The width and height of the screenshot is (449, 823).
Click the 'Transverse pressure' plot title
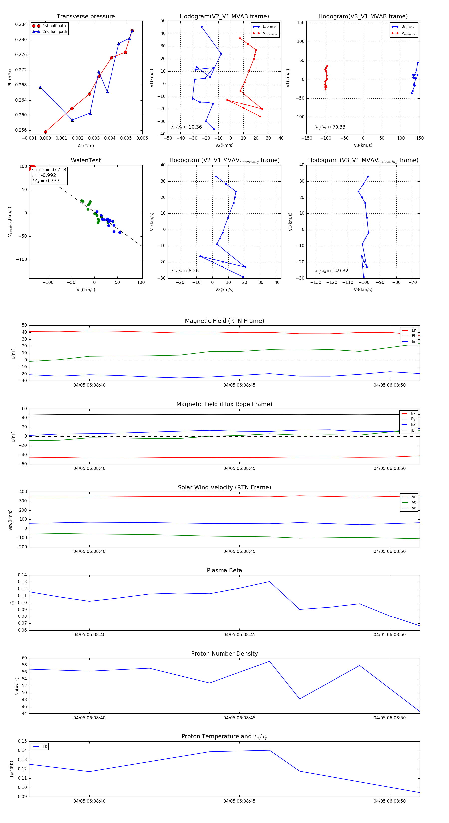[x=86, y=17]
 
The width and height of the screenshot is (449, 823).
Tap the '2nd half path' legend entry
[x=55, y=32]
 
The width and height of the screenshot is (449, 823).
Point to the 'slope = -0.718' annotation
[x=49, y=170]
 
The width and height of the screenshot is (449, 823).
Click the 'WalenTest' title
[x=86, y=160]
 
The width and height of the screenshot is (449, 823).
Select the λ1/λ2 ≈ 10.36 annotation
[x=186, y=127]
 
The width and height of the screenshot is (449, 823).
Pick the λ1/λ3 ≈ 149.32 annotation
[x=332, y=271]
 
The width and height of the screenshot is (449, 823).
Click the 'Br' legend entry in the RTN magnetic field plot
[x=413, y=330]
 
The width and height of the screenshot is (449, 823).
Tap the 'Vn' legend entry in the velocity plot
[x=414, y=508]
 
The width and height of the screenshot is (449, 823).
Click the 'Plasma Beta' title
[x=224, y=571]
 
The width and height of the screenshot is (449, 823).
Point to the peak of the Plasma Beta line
[x=269, y=582]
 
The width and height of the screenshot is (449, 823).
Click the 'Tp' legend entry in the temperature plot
[x=44, y=747]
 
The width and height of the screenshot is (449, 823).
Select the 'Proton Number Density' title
[x=224, y=654]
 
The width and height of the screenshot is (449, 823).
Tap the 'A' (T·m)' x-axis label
[x=86, y=146]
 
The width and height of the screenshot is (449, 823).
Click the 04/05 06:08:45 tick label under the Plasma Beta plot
[x=239, y=635]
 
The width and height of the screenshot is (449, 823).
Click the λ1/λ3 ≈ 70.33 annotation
[x=330, y=127]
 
